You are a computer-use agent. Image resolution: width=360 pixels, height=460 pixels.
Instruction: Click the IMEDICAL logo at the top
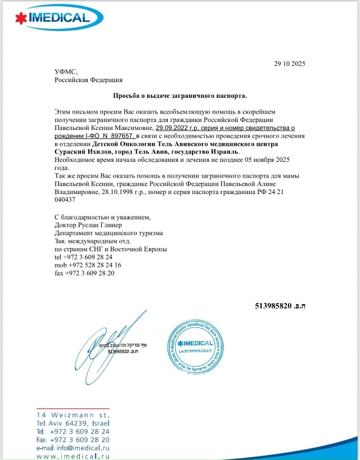click(x=50, y=17)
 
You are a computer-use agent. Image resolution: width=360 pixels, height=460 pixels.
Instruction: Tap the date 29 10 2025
click(x=290, y=63)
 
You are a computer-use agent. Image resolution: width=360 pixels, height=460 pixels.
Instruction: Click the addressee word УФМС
click(x=65, y=72)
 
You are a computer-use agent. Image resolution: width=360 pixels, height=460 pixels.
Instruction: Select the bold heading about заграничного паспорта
click(x=180, y=96)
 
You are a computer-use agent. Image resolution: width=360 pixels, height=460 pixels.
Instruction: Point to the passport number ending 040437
click(x=65, y=200)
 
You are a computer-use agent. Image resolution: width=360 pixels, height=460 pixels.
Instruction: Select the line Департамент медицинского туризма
click(x=109, y=233)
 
